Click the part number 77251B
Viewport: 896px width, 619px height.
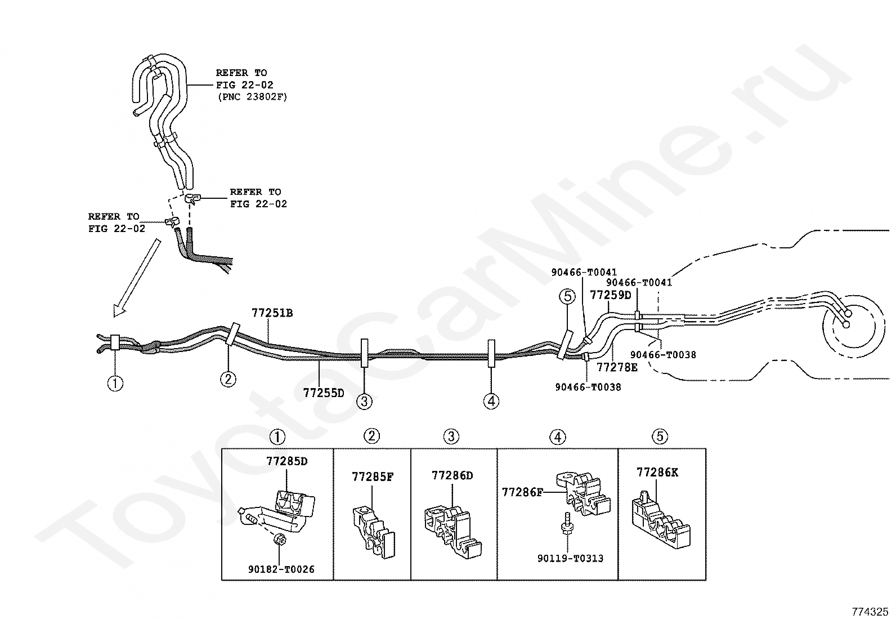pyautogui.click(x=272, y=313)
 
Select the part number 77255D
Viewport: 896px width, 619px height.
pyautogui.click(x=323, y=393)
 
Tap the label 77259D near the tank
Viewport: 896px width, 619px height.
pyautogui.click(x=610, y=295)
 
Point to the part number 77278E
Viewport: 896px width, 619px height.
pyautogui.click(x=617, y=368)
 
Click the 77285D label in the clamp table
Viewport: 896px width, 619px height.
pyautogui.click(x=286, y=461)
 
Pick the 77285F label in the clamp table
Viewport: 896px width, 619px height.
pyautogui.click(x=373, y=477)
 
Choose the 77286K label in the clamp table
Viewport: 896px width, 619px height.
pyautogui.click(x=657, y=472)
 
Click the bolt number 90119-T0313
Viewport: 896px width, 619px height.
pyautogui.click(x=570, y=558)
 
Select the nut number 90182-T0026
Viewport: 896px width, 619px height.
pyautogui.click(x=281, y=569)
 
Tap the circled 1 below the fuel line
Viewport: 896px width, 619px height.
pyautogui.click(x=115, y=384)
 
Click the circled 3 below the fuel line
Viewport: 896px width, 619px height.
pyautogui.click(x=364, y=401)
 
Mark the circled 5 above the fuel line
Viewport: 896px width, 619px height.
pyautogui.click(x=567, y=296)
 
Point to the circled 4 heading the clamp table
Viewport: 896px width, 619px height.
pyautogui.click(x=557, y=437)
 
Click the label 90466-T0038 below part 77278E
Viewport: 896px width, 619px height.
pyautogui.click(x=588, y=388)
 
